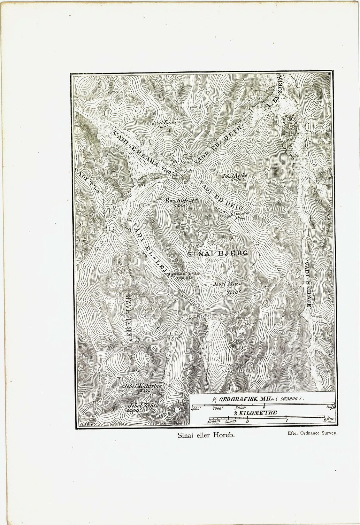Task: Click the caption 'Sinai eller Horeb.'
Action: [x=206, y=435]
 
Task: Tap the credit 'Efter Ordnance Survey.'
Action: [x=313, y=433]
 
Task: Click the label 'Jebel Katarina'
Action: [x=143, y=386]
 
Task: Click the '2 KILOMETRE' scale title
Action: [x=255, y=413]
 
